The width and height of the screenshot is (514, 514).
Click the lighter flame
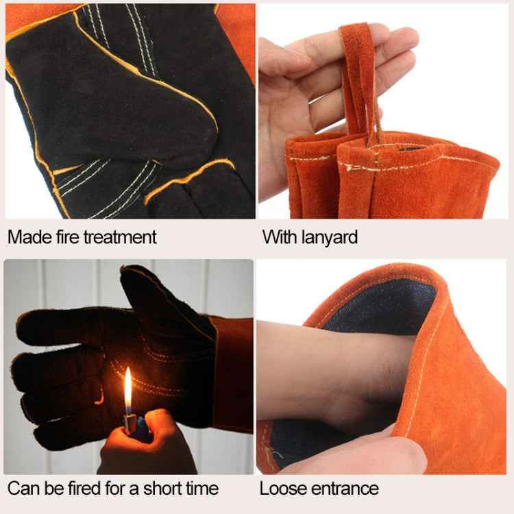pyautogui.click(x=128, y=390)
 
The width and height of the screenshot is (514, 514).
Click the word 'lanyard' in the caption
pyautogui.click(x=330, y=238)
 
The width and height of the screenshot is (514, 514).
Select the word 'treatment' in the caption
pyautogui.click(x=120, y=237)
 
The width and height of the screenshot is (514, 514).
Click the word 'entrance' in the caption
pyautogui.click(x=345, y=489)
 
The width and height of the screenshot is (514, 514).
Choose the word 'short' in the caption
pyautogui.click(x=162, y=489)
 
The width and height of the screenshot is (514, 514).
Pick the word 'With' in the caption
pyautogui.click(x=280, y=237)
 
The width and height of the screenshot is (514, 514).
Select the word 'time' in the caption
pyautogui.click(x=202, y=489)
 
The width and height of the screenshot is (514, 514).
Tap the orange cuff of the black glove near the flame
pyautogui.click(x=234, y=374)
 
